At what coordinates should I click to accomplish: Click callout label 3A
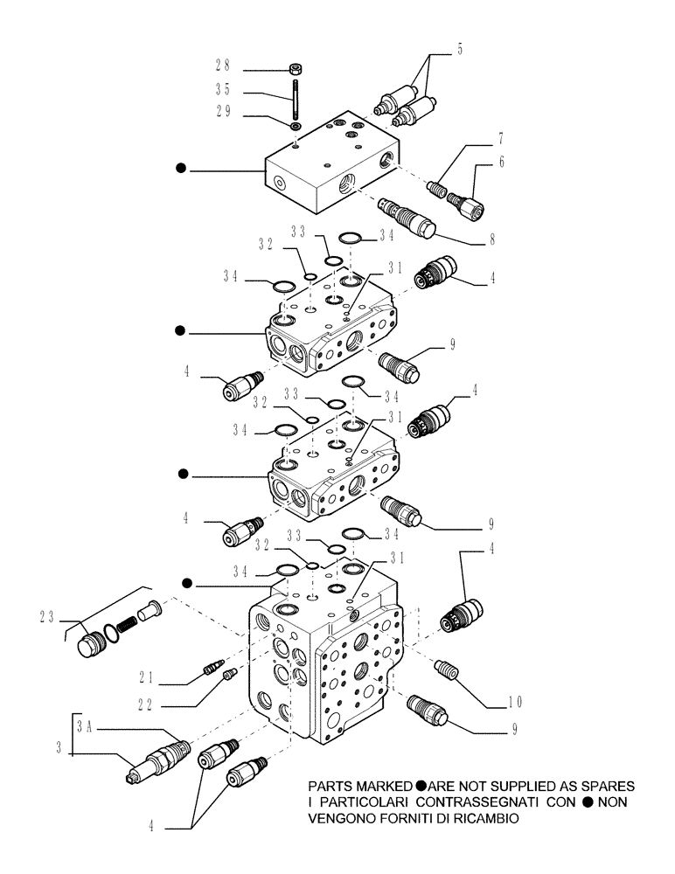[84, 725]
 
